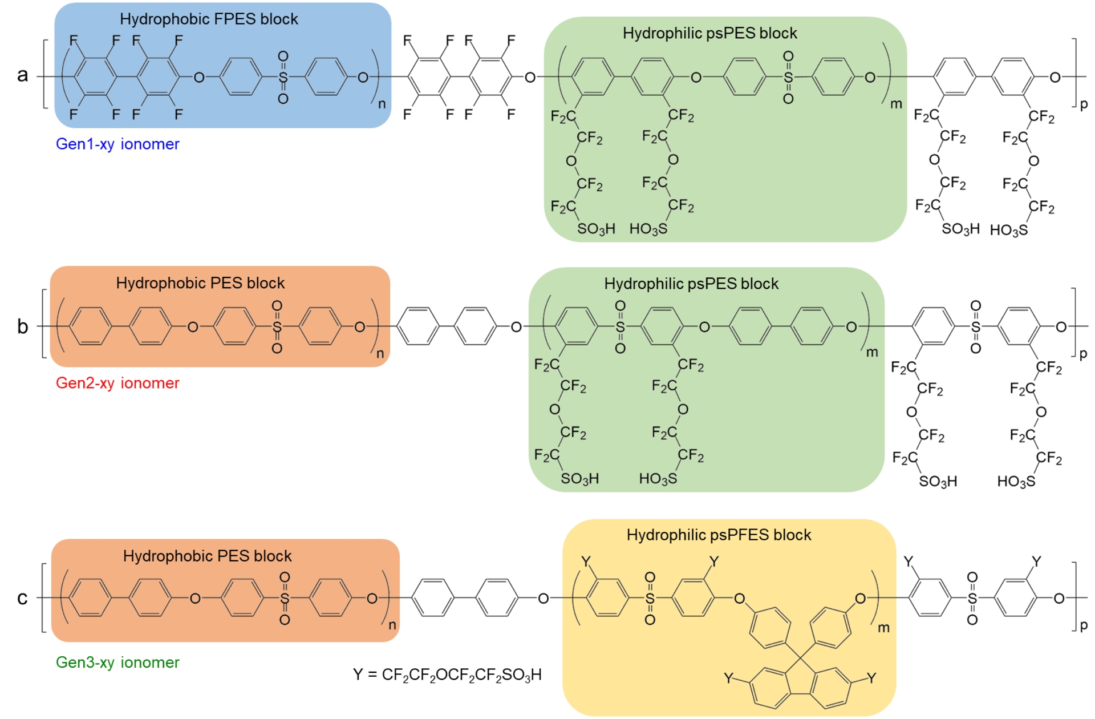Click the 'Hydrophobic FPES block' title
pyautogui.click(x=209, y=19)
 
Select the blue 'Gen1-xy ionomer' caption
pyautogui.click(x=117, y=144)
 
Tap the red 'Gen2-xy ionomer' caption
pyautogui.click(x=117, y=383)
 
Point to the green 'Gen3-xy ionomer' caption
pyautogui.click(x=117, y=663)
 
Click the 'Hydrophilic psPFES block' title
pyautogui.click(x=719, y=535)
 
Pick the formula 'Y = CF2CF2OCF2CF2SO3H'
pyautogui.click(x=447, y=675)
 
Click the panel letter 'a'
pyautogui.click(x=22, y=75)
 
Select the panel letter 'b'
pyautogui.click(x=22, y=326)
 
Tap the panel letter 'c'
pyautogui.click(x=22, y=598)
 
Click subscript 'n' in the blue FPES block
pyautogui.click(x=382, y=104)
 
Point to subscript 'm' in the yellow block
pyautogui.click(x=883, y=628)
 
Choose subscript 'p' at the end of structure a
pyautogui.click(x=1084, y=104)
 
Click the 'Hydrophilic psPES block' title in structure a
pyautogui.click(x=709, y=34)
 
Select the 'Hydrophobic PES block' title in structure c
pyautogui.click(x=207, y=556)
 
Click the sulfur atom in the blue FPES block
pyautogui.click(x=283, y=77)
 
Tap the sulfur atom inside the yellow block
pyautogui.click(x=650, y=599)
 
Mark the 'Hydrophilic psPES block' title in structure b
pyautogui.click(x=691, y=284)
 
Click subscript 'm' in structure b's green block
pyautogui.click(x=872, y=352)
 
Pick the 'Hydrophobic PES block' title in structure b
pyautogui.click(x=200, y=284)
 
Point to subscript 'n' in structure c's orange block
pyautogui.click(x=392, y=625)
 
